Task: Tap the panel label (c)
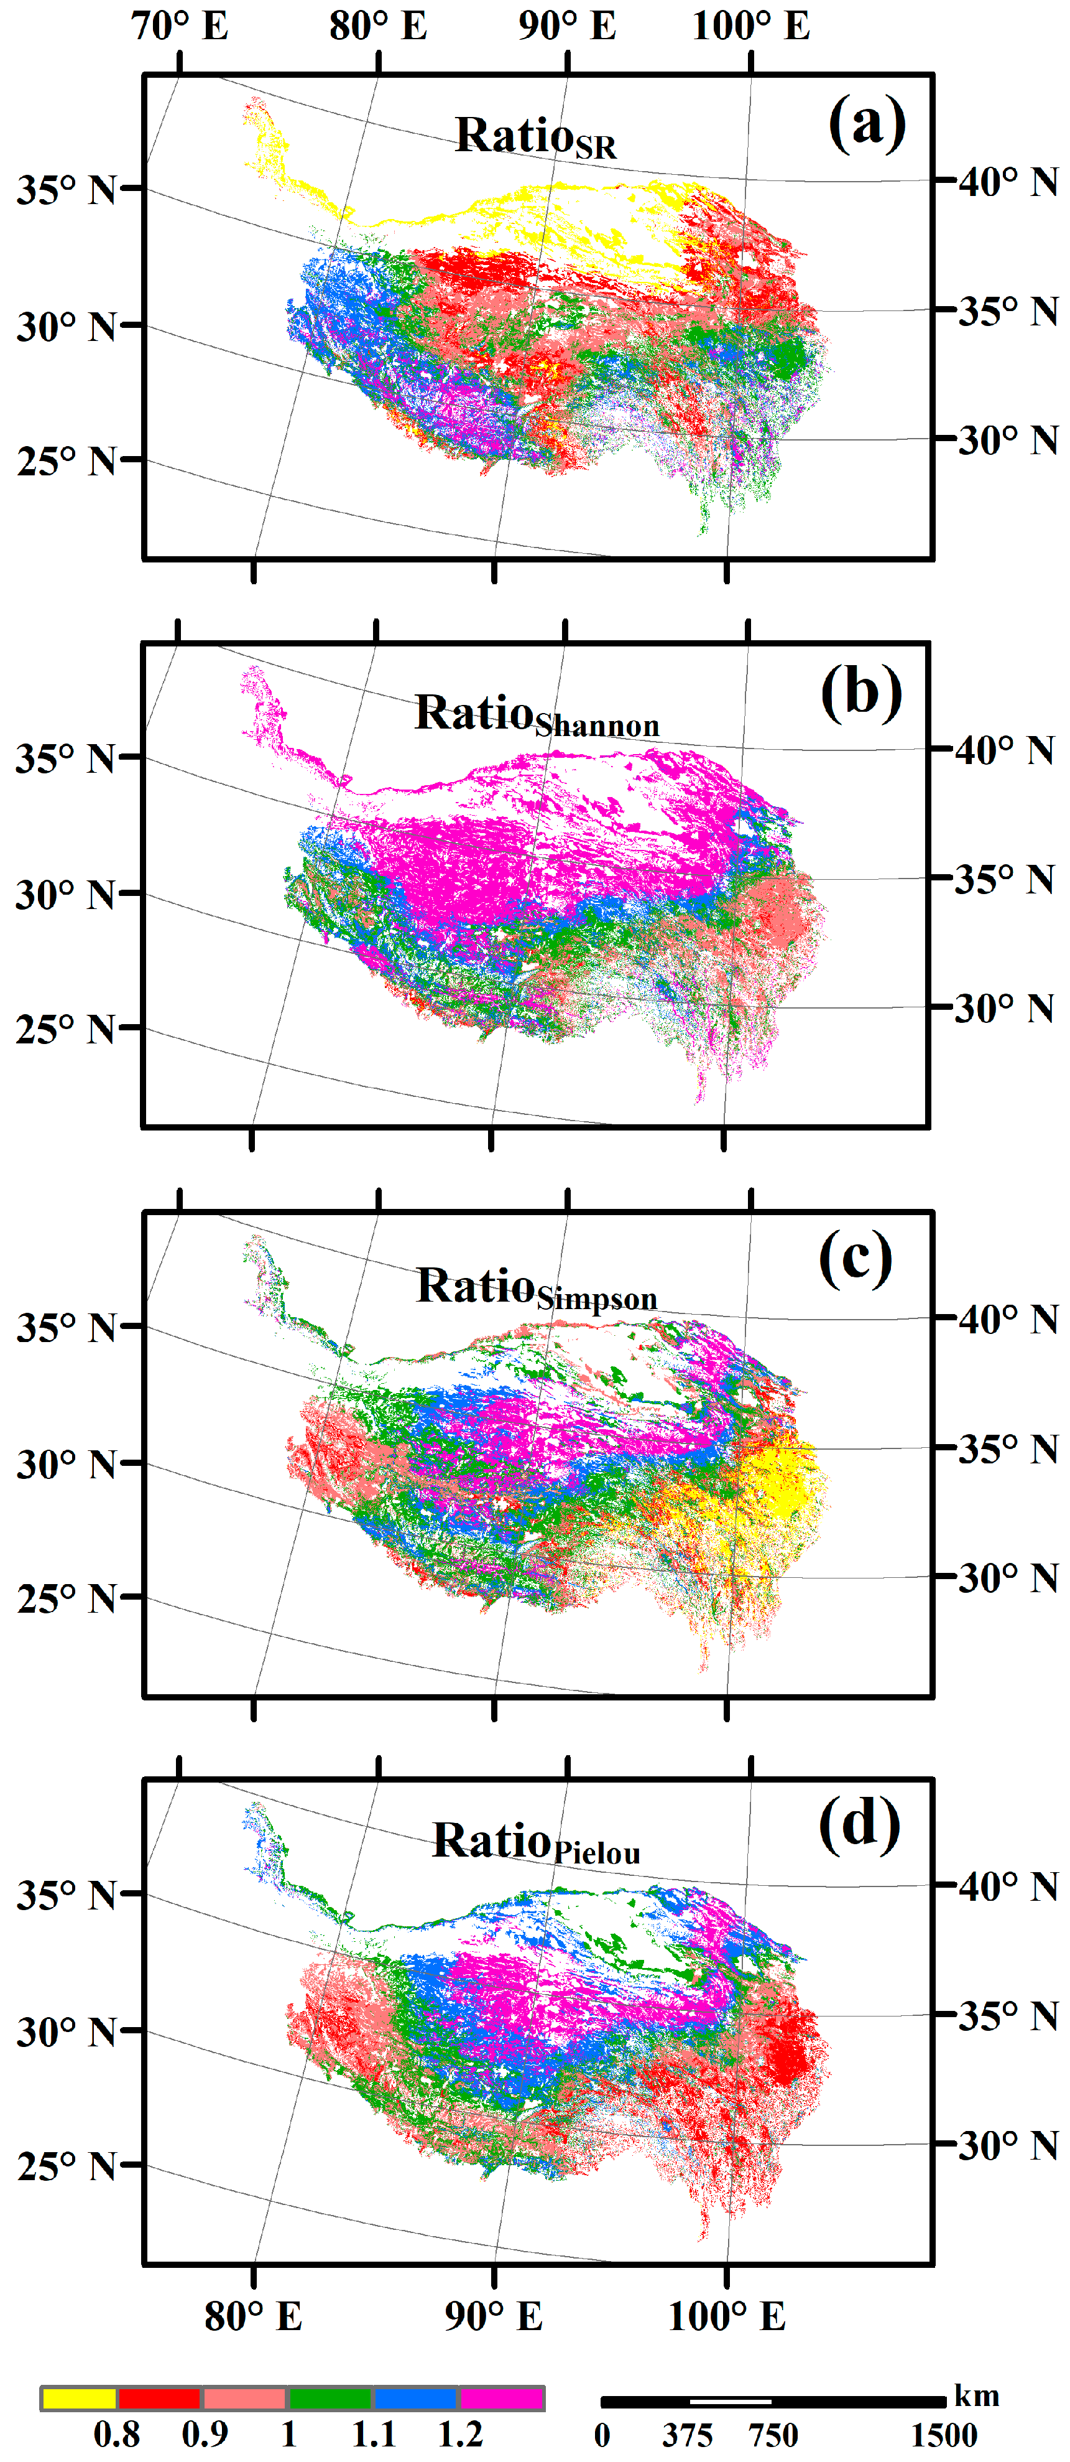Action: click(855, 1260)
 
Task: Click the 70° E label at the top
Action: click(180, 26)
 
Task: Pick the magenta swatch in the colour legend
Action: click(502, 2398)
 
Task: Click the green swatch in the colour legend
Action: click(330, 2398)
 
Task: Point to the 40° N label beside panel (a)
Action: click(1008, 182)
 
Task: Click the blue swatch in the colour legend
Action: click(415, 2398)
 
